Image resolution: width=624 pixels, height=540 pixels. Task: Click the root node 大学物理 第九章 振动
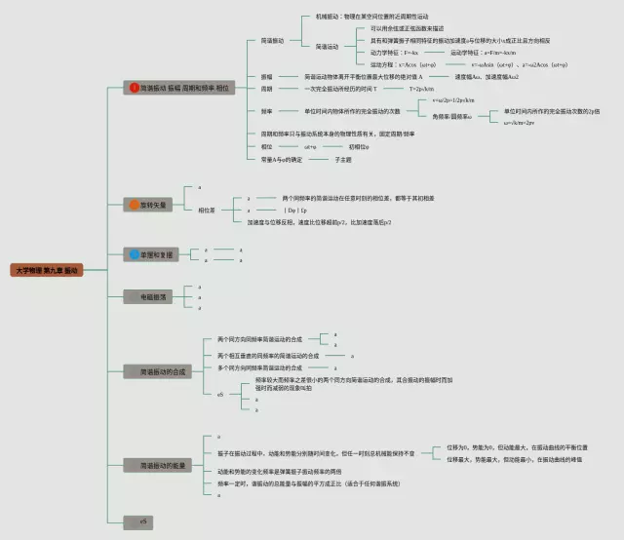48,269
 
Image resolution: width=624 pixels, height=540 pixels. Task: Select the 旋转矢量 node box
149,205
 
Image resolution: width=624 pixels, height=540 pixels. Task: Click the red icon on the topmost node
135,88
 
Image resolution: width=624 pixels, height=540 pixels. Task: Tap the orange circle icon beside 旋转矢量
134,205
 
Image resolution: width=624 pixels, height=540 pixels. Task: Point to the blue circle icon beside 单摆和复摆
134,254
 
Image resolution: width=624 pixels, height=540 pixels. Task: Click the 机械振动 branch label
329,18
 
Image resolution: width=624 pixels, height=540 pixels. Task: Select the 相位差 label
207,210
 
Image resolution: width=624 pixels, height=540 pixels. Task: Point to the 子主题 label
342,158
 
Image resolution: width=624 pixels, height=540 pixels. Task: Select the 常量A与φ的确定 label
282,158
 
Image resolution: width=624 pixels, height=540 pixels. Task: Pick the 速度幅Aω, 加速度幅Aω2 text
487,76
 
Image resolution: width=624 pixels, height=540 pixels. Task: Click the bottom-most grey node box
143,521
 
